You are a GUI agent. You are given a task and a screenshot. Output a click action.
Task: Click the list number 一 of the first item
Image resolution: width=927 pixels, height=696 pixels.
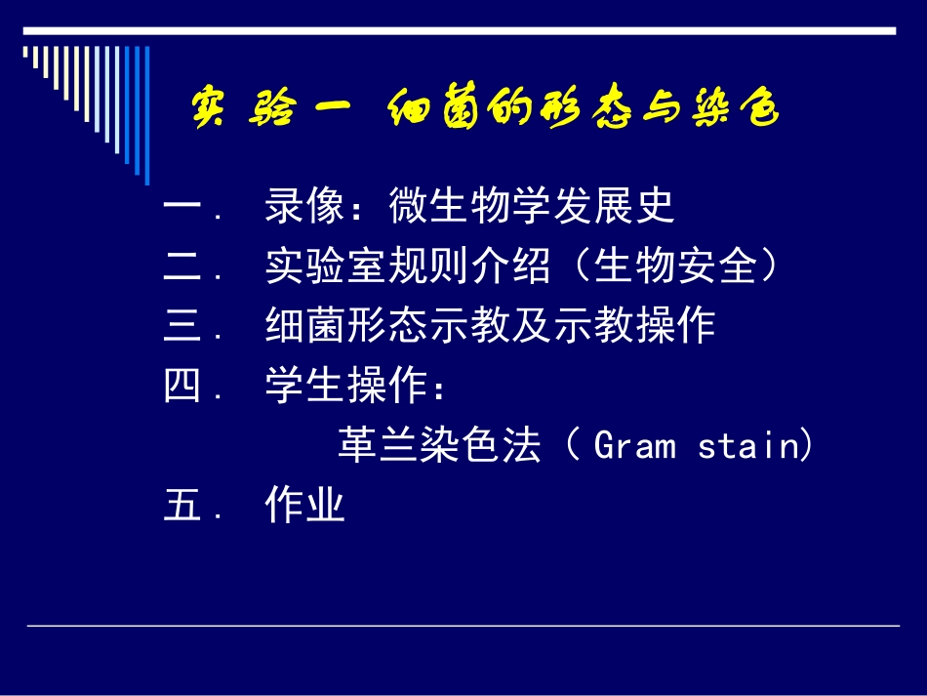pyautogui.click(x=182, y=208)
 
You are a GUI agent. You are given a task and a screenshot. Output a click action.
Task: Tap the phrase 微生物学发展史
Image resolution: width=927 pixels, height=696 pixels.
pyautogui.click(x=532, y=207)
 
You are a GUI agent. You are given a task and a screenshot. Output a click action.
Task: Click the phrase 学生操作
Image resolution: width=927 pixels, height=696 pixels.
pyautogui.click(x=346, y=388)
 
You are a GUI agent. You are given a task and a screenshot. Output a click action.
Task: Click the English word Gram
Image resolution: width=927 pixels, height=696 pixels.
pyautogui.click(x=634, y=447)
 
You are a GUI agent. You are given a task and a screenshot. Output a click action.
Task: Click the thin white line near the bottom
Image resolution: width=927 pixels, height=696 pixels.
pyautogui.click(x=463, y=626)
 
